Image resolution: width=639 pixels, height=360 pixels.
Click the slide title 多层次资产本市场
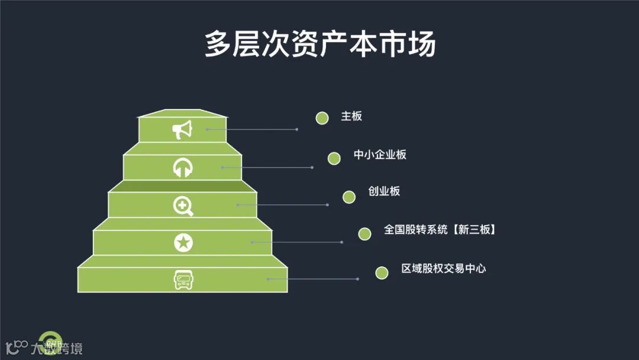coord(319,44)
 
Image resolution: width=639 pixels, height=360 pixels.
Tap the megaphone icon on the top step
coord(182,130)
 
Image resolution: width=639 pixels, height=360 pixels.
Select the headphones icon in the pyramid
coord(182,168)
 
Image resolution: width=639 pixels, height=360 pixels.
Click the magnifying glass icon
coord(183,205)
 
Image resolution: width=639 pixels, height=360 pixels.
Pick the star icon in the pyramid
coord(183,242)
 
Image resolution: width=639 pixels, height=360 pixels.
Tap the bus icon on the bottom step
coord(183,279)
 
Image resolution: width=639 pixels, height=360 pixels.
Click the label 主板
coord(351,116)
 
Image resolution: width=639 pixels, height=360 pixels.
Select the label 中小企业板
coord(380,155)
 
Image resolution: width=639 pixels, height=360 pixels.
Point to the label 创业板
coord(384,191)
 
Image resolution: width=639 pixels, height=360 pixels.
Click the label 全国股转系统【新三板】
coord(440,230)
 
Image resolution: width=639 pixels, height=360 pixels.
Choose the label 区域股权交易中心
coord(443,268)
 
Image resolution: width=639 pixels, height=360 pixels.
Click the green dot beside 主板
coord(322,118)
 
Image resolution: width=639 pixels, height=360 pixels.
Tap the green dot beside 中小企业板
coord(334,158)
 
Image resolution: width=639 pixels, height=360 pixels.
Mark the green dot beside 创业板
coord(349,197)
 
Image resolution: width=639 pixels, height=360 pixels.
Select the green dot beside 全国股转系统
coord(364,234)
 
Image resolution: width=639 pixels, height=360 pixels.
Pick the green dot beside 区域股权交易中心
coord(382,272)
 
